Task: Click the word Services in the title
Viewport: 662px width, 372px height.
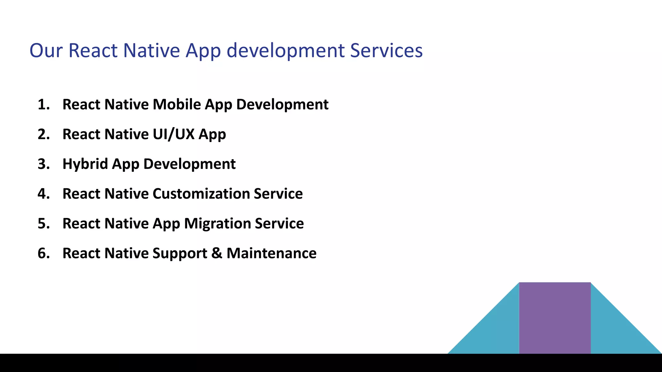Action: coord(386,51)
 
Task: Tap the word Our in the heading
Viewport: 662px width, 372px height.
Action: coord(46,51)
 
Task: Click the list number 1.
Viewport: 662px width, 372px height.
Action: coord(43,105)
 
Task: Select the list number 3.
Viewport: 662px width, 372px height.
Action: coord(43,164)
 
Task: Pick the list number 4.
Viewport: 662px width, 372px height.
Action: coord(43,194)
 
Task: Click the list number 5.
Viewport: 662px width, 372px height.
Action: coord(43,223)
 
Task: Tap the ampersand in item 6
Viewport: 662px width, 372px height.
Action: coord(217,253)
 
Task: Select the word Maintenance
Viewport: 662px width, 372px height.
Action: coord(272,253)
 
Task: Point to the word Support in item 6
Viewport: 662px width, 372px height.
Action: coord(180,253)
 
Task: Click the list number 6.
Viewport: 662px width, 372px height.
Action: coord(43,253)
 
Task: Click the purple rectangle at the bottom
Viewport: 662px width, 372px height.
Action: coord(555,318)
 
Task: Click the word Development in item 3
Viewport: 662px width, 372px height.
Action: coord(189,164)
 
